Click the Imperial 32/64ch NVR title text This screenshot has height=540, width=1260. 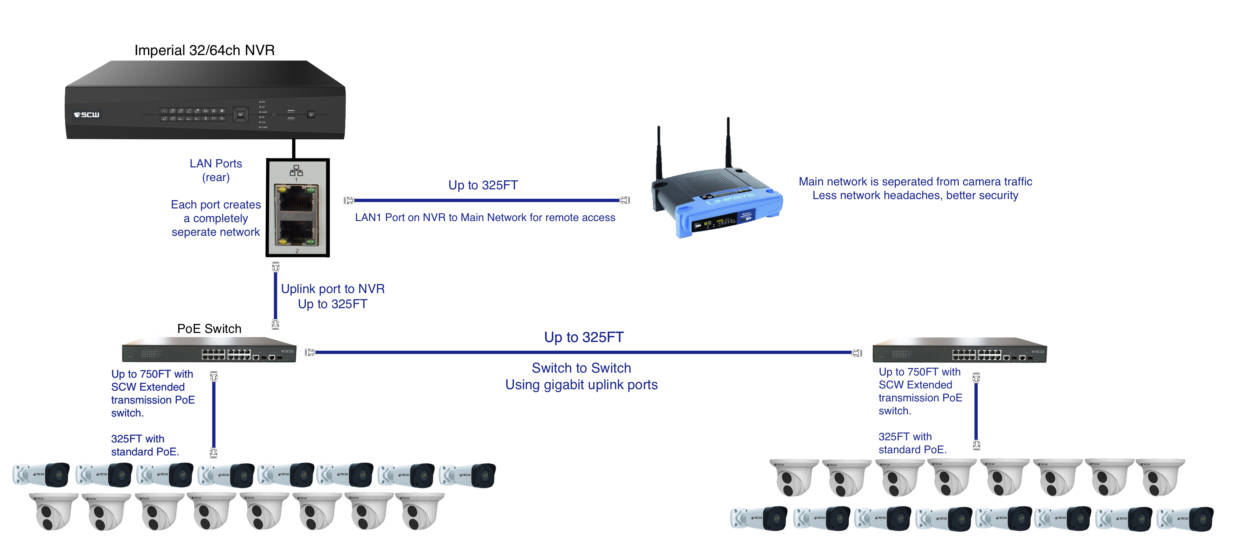204,50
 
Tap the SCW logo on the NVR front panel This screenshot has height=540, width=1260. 86,115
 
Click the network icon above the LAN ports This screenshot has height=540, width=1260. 296,171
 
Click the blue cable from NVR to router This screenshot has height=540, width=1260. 487,200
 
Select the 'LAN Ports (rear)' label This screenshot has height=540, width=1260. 216,170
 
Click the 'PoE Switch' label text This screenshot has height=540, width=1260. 210,329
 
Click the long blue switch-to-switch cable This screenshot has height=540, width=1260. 582,352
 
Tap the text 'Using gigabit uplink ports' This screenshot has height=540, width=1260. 581,385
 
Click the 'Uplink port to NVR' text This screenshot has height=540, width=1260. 333,289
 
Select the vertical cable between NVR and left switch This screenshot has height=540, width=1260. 275,296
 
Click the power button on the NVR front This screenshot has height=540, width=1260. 311,115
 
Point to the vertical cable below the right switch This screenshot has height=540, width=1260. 976,411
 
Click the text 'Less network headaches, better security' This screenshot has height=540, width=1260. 915,195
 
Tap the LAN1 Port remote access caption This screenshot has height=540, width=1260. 485,218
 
